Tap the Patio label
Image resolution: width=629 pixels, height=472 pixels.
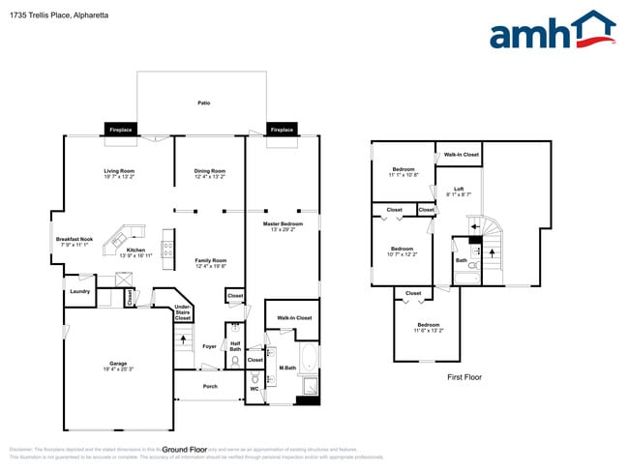pos(204,103)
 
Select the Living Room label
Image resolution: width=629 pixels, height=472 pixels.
pos(120,174)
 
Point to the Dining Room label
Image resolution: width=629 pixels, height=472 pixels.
pos(210,174)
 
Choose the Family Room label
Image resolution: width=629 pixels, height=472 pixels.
pos(210,262)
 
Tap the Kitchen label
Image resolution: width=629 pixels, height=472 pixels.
pos(135,251)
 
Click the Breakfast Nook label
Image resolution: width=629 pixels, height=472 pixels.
pos(74,242)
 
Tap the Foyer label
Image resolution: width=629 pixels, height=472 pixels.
pos(210,346)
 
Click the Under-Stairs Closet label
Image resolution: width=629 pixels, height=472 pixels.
pos(183,311)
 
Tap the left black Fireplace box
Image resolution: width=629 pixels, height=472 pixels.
pos(121,130)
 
